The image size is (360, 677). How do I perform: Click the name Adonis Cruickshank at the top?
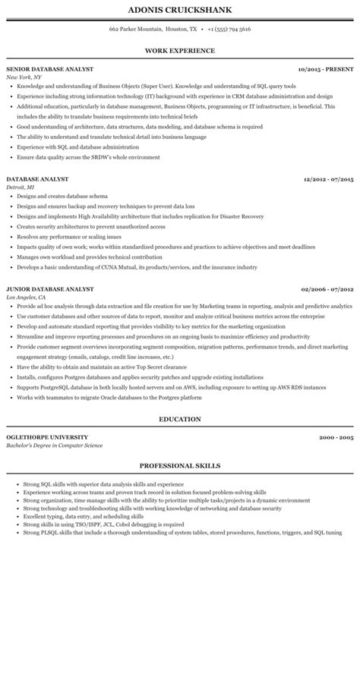[x=180, y=10]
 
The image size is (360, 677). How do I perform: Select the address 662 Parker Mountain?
[x=136, y=29]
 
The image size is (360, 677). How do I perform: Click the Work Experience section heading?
[x=180, y=50]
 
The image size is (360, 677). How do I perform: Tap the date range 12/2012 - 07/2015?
[x=329, y=179]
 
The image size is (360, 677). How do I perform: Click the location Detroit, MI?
[x=20, y=186]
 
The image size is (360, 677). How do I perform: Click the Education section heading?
[x=180, y=419]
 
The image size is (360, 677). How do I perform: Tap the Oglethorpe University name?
[x=47, y=438]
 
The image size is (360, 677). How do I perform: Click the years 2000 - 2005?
[x=337, y=438]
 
